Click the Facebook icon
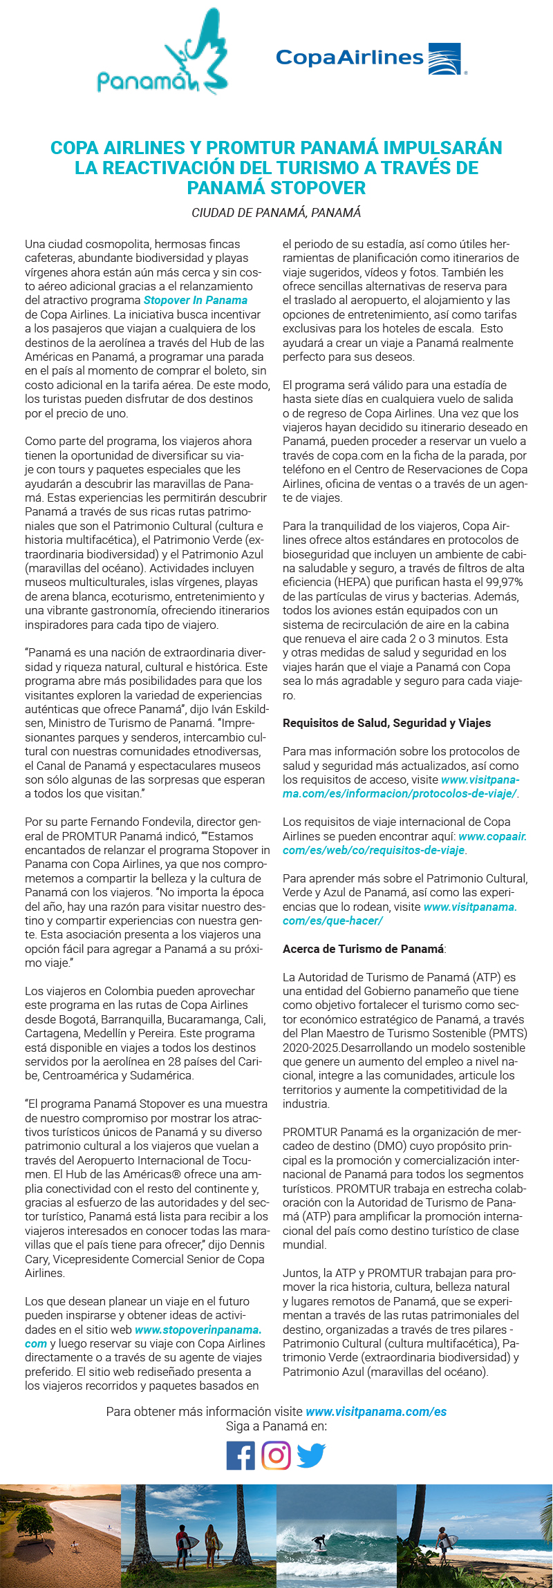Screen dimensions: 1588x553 [x=241, y=1456]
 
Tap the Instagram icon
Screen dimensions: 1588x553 [x=276, y=1456]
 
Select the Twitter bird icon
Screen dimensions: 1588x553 [x=311, y=1455]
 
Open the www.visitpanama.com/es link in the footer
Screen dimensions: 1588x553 [x=376, y=1412]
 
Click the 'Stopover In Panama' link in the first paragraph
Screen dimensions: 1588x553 [x=196, y=301]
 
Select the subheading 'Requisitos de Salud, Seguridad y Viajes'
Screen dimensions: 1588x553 [x=386, y=723]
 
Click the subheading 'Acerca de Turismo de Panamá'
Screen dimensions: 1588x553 [x=363, y=949]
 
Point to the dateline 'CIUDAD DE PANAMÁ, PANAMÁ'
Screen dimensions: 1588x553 [x=276, y=213]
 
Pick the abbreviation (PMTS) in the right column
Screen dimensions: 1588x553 [x=509, y=1033]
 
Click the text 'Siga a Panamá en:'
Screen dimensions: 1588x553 [x=276, y=1426]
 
